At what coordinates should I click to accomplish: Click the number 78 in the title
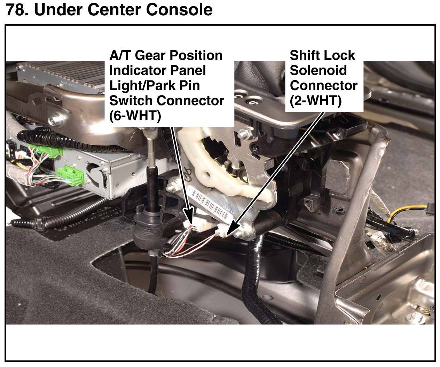tap(17, 10)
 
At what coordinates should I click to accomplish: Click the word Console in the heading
tap(179, 10)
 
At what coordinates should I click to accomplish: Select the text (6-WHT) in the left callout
tap(135, 116)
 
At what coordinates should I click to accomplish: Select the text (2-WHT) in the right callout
tap(315, 101)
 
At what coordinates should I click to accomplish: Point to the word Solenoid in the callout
tap(318, 70)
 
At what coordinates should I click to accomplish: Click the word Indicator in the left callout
tap(137, 70)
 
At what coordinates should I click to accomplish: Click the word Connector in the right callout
tap(323, 85)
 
